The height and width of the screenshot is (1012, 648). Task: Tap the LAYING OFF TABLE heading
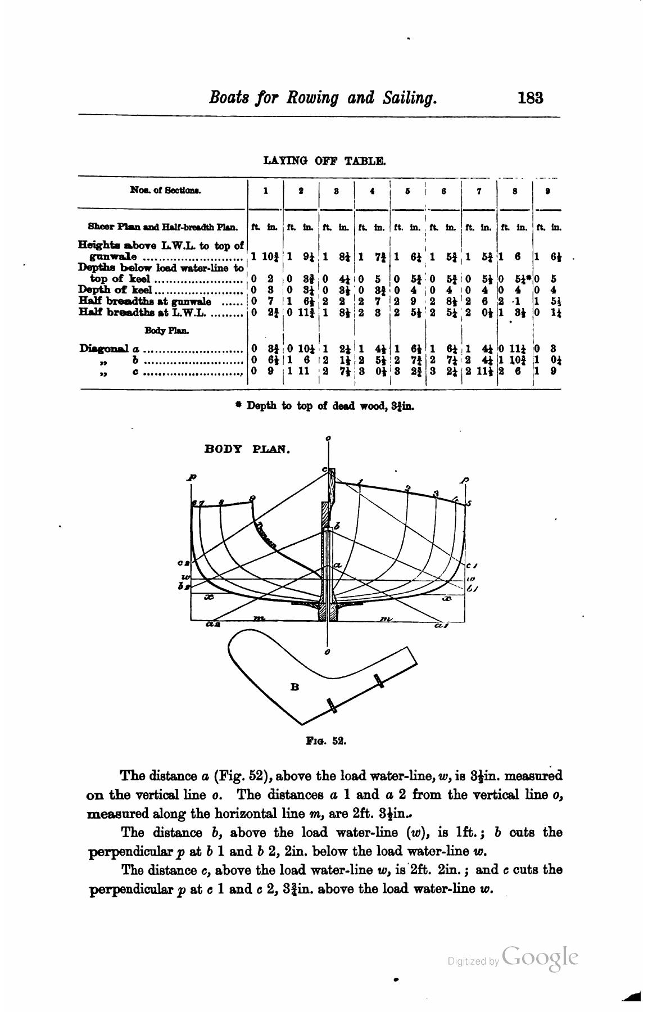[x=324, y=161]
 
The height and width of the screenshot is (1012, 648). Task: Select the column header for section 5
[x=408, y=191]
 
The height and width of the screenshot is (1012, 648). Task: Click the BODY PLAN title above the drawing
[x=247, y=449]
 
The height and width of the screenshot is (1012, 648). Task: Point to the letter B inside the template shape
[x=294, y=686]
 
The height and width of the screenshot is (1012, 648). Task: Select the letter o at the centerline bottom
[x=328, y=652]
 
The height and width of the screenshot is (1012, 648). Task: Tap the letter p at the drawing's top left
[x=192, y=477]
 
